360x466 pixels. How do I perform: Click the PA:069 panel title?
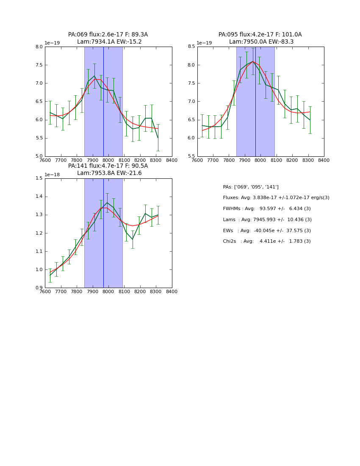(x=108, y=35)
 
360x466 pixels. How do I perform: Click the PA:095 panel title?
(x=260, y=35)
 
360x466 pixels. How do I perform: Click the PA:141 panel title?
(x=108, y=166)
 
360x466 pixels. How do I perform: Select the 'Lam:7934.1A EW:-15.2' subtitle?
(x=109, y=42)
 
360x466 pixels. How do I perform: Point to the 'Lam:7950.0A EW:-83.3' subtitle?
(x=261, y=42)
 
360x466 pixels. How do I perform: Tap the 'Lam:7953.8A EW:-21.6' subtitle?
(x=109, y=173)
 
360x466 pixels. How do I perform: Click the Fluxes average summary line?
(x=276, y=198)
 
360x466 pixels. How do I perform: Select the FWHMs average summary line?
(x=267, y=208)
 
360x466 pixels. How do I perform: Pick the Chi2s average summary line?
(x=267, y=241)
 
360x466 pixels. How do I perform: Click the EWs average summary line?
(x=267, y=230)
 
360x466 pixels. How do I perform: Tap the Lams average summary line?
(x=267, y=219)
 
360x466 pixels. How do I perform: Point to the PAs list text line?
(x=251, y=187)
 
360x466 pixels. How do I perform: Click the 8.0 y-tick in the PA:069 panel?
(x=39, y=47)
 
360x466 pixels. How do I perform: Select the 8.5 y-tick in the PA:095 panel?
(x=191, y=47)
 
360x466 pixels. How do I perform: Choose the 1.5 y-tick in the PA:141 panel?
(x=39, y=178)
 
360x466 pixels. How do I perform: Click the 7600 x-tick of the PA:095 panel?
(x=197, y=160)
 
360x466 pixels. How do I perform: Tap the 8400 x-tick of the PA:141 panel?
(x=172, y=291)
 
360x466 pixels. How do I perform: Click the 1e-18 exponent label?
(x=52, y=175)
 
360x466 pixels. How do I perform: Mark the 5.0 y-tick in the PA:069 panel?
(x=39, y=156)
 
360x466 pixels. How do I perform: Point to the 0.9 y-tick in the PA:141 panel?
(x=39, y=288)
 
